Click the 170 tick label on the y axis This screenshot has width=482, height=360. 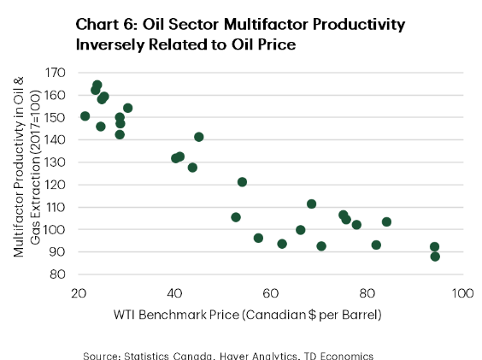[56, 73]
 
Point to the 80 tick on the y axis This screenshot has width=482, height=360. [58, 274]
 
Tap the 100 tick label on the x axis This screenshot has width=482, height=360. [462, 293]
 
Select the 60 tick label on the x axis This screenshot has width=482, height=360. [271, 293]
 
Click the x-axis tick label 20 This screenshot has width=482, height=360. [79, 293]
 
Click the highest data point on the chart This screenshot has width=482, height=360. [97, 85]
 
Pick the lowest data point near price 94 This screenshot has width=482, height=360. [435, 257]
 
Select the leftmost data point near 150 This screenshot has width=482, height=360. [85, 116]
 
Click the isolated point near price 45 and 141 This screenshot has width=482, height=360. [199, 137]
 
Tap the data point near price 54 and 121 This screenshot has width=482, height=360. [242, 182]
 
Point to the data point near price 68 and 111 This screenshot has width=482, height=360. [311, 204]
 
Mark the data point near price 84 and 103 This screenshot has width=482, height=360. [386, 221]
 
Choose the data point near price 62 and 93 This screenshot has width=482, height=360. [282, 244]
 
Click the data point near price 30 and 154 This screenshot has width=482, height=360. [128, 108]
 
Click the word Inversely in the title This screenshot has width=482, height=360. [109, 45]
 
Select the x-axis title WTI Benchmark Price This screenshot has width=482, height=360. [176, 315]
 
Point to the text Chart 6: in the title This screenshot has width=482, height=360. [106, 25]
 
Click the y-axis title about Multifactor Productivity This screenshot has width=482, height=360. [27, 167]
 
